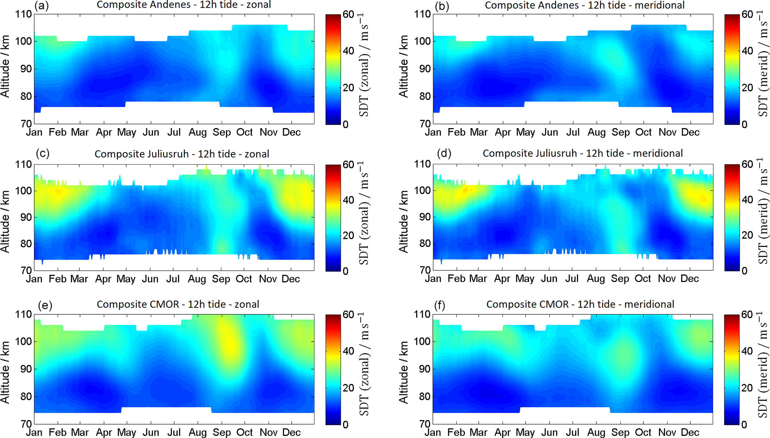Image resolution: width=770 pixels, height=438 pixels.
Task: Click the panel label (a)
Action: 41,6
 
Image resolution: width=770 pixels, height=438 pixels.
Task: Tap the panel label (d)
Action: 444,153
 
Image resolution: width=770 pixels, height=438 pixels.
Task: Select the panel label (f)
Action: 440,305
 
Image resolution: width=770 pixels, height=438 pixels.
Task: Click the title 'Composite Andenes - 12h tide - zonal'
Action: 184,5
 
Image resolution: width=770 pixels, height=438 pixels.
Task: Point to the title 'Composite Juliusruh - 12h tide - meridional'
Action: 583,153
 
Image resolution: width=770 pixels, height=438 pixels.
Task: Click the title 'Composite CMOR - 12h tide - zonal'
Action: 178,304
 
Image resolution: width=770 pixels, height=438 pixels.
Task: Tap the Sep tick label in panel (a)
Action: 222,132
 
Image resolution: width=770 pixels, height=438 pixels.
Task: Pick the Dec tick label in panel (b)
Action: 690,132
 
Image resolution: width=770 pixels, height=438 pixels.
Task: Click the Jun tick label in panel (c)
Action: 150,279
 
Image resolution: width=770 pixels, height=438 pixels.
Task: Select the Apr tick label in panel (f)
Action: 503,432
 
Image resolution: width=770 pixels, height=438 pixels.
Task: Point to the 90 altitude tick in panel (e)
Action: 23,369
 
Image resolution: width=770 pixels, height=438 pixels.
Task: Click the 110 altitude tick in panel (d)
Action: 422,164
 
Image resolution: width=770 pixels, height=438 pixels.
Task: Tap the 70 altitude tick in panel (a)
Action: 23,124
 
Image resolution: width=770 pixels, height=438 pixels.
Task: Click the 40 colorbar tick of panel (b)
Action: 747,51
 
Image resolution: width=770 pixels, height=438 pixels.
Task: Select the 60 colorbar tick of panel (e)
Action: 348,315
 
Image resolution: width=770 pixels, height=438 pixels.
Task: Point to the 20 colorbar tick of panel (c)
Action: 348,235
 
